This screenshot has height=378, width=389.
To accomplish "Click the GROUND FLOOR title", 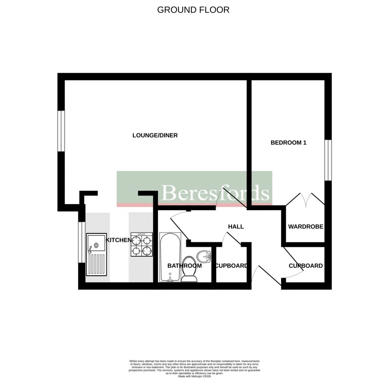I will coord(193,10).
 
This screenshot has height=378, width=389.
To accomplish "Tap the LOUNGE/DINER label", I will coord(155,135).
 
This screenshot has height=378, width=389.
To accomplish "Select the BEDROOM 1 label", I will coord(288,143).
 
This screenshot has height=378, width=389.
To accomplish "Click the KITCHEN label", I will coord(118,240).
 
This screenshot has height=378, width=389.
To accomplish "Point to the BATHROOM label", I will coord(185,266).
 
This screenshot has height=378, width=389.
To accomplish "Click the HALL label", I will coord(236,226).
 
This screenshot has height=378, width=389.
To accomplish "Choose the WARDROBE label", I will coord(305,226).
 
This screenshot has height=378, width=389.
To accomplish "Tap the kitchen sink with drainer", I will coord(96,254).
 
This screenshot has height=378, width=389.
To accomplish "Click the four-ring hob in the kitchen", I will coord(142,245).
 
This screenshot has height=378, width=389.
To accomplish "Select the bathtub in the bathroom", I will coord(169,257).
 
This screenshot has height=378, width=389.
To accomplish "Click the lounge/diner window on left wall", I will coord(61,131).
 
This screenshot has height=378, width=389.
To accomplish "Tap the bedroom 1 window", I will coord(328,160).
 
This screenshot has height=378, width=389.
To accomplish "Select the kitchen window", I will coord(81,242).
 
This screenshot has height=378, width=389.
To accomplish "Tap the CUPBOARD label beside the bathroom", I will coord(231,266).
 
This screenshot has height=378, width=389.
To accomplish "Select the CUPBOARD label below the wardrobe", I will coord(305,266).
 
